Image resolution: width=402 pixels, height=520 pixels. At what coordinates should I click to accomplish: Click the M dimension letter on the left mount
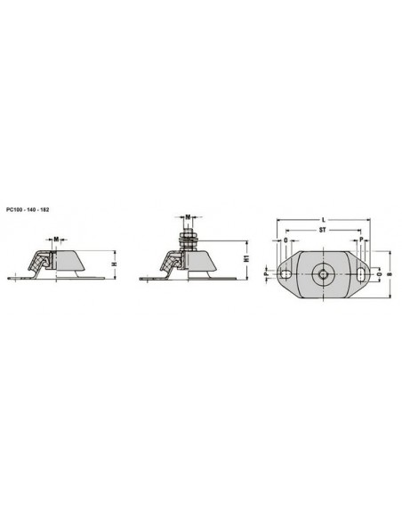(x=56, y=239)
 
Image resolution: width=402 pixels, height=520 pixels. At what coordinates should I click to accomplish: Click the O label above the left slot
(x=285, y=240)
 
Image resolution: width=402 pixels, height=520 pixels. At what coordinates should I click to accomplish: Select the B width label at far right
(x=389, y=275)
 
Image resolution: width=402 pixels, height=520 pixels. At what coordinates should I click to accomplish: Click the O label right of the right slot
(x=378, y=275)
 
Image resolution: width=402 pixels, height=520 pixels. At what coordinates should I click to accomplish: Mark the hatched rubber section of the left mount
(x=40, y=263)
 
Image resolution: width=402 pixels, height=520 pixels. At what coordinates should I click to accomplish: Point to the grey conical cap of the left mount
(x=73, y=261)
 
